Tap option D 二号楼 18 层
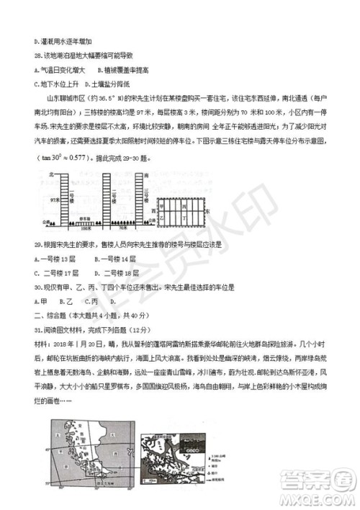[115, 272]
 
